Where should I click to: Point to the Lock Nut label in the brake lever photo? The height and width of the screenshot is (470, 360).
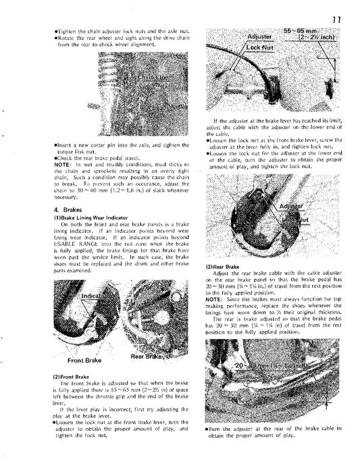point(260,49)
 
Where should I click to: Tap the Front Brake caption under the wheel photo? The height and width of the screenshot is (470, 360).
point(84,361)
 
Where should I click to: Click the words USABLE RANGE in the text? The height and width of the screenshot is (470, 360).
point(74,244)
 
